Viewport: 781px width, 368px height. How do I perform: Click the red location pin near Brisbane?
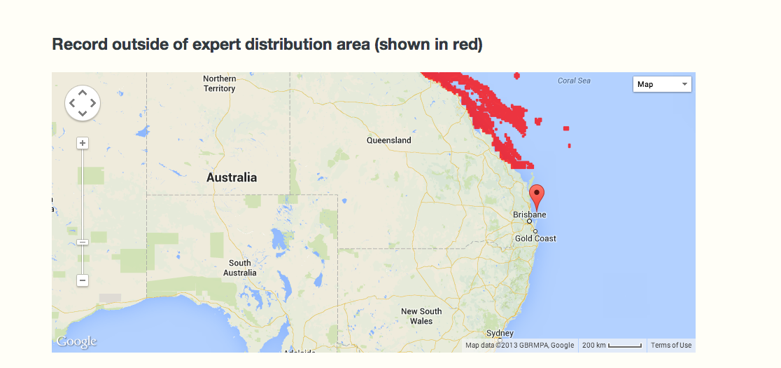pos(537,196)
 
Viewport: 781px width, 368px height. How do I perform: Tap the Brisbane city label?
pos(530,214)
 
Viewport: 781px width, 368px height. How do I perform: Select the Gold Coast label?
pos(535,238)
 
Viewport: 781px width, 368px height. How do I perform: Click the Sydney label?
pos(500,333)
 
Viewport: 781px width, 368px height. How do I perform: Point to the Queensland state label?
pos(388,140)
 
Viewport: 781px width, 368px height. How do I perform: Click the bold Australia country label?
pos(232,178)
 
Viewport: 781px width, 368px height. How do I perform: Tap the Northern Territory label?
pos(219,83)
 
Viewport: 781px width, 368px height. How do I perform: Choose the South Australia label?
pos(239,268)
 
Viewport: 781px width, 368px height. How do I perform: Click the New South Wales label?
pos(421,316)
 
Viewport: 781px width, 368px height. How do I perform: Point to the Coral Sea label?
pos(574,81)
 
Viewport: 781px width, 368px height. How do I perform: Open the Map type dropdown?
pos(661,84)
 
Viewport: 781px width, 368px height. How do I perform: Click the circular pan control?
pos(83,103)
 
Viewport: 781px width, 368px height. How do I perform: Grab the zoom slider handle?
pos(83,242)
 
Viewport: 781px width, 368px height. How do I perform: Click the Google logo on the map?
pos(76,342)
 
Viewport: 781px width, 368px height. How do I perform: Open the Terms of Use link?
pos(671,345)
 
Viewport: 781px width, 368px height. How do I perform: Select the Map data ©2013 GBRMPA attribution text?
pos(519,345)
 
